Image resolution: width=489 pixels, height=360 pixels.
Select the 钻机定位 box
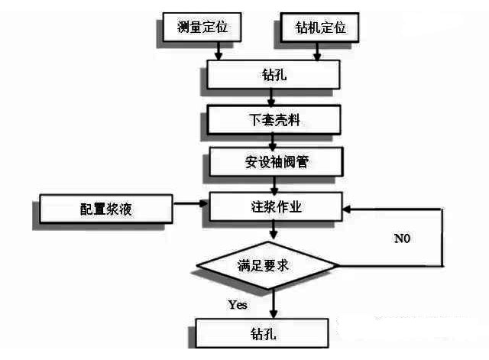pos(319,28)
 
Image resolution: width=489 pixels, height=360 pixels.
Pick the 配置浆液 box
pos(105,208)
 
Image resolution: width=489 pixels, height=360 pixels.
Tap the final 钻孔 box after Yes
pos(263,334)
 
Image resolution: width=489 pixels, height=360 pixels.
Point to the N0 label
pos(403,238)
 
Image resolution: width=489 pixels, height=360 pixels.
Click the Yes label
pos(238,305)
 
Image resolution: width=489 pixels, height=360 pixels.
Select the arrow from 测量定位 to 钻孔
pos(220,50)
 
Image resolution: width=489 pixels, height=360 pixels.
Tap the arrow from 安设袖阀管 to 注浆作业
pos(270,183)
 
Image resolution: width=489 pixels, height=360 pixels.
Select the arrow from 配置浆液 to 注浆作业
pos(191,204)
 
